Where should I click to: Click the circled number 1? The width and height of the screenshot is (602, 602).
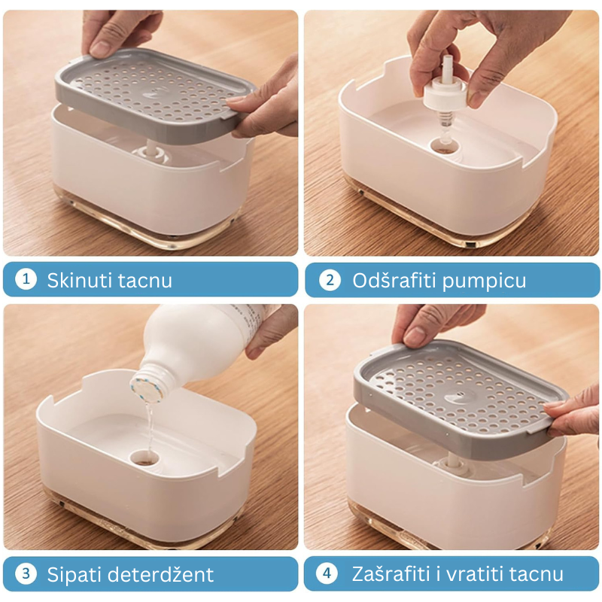(26, 279)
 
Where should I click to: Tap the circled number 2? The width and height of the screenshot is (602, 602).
(330, 280)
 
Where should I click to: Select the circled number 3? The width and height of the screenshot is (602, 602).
(26, 573)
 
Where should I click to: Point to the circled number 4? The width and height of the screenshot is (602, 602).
(327, 573)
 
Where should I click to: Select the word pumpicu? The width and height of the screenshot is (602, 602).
(485, 281)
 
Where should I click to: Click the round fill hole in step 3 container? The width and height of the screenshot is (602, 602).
(144, 457)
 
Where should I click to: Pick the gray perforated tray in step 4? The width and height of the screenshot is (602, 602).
(459, 400)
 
